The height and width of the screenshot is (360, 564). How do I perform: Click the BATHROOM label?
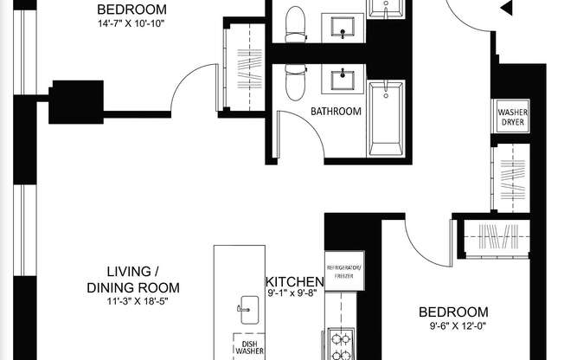[x=336, y=112]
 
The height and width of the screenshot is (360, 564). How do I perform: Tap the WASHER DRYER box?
[x=510, y=116]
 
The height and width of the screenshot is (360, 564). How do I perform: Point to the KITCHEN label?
[x=294, y=282]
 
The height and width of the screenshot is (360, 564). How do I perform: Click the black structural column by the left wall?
[x=75, y=102]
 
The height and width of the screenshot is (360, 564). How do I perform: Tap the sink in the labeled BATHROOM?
[x=344, y=82]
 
